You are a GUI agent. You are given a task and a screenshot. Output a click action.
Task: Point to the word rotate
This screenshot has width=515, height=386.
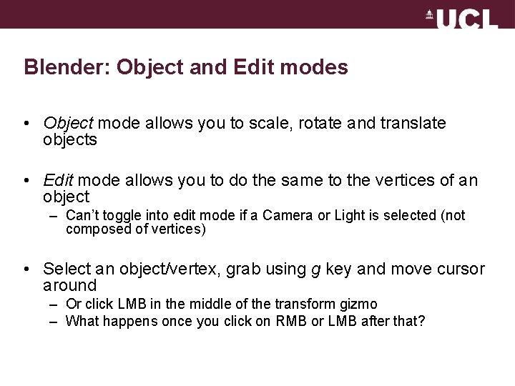click(313, 124)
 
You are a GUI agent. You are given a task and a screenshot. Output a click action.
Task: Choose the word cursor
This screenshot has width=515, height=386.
click(456, 269)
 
